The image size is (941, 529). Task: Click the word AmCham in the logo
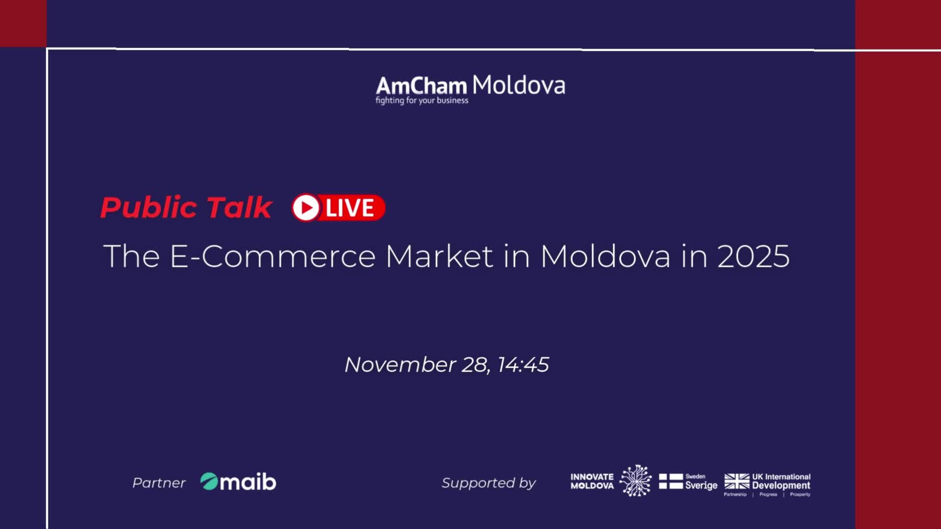(x=421, y=86)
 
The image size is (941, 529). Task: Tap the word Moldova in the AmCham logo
(x=519, y=85)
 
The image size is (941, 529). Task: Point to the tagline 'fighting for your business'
(x=422, y=100)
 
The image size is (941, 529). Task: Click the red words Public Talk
(x=186, y=207)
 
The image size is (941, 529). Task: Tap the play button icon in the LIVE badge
(x=306, y=208)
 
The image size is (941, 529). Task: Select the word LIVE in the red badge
(x=350, y=208)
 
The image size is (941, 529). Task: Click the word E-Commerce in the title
(x=272, y=256)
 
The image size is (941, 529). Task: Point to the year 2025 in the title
(x=753, y=256)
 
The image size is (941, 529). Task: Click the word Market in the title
(x=439, y=256)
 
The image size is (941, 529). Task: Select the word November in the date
(x=400, y=364)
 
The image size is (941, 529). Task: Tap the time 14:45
(x=523, y=364)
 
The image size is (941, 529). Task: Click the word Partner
(x=159, y=483)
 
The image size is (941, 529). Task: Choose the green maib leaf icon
(x=209, y=481)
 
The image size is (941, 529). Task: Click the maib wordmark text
(x=248, y=482)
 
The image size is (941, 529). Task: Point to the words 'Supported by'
(x=489, y=483)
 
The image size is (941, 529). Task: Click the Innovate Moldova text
(x=592, y=481)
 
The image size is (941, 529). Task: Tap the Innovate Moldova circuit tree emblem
(x=636, y=481)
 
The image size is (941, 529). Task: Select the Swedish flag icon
(x=670, y=481)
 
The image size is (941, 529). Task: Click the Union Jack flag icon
(x=737, y=481)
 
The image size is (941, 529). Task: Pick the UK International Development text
(x=781, y=481)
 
